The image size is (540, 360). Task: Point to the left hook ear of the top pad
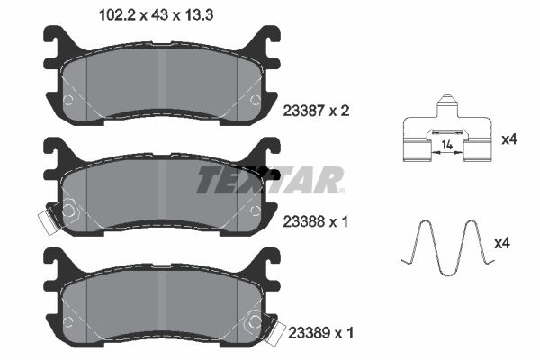[x=56, y=40]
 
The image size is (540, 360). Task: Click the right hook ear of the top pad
[x=266, y=40]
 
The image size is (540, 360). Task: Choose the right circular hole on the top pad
[x=254, y=100]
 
